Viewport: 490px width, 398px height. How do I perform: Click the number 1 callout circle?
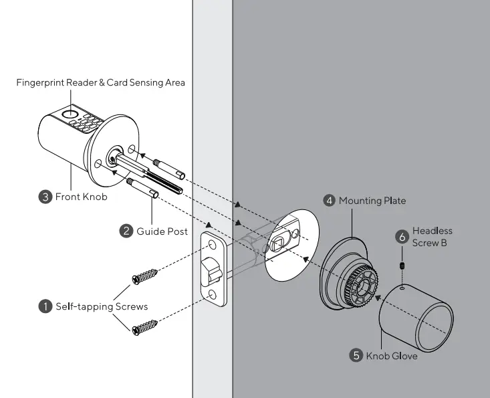click(x=45, y=306)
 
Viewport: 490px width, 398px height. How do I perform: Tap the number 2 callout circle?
click(x=126, y=231)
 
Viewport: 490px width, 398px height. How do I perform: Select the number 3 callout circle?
click(x=45, y=197)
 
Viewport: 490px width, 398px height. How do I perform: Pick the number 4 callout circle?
click(x=329, y=201)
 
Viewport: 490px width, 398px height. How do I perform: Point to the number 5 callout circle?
click(x=356, y=356)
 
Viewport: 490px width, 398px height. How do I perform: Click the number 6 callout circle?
click(x=402, y=236)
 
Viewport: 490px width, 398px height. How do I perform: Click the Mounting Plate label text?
click(x=372, y=201)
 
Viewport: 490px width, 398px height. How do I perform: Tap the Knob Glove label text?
click(x=392, y=356)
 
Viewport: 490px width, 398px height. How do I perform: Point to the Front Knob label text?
click(x=79, y=197)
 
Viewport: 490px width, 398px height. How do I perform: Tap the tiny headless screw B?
click(x=402, y=266)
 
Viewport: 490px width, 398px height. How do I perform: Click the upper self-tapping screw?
click(x=145, y=275)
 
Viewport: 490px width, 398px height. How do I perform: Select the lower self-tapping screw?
click(x=145, y=327)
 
